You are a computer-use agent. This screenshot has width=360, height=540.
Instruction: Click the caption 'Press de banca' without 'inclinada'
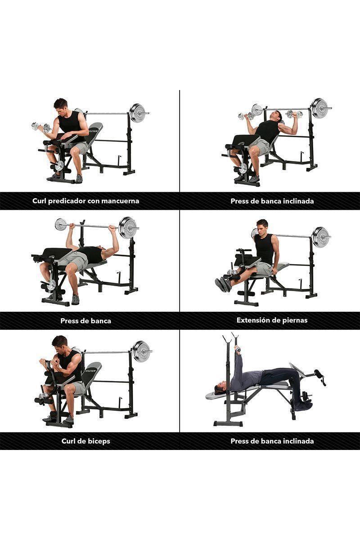85,321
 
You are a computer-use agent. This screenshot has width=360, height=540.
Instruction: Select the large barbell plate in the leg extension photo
321,237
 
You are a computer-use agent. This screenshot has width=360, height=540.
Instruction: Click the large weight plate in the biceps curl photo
141,351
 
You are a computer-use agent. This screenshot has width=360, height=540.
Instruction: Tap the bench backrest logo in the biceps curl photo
91,370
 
